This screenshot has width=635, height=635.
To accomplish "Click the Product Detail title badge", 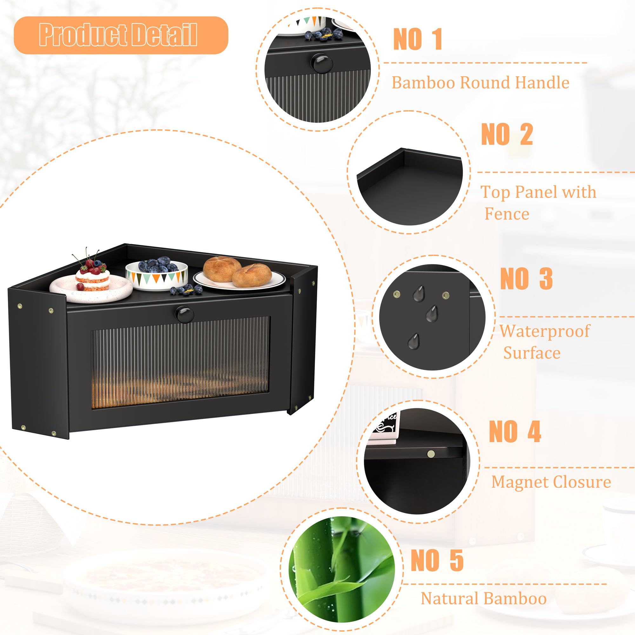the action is pos(121,35).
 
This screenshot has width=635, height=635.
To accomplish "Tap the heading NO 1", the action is pos(418,39).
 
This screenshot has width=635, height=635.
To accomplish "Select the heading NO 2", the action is pos(507,134).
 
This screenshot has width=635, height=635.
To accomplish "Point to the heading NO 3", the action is pos(526,278).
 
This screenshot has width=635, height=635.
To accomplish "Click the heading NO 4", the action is pos(515,431).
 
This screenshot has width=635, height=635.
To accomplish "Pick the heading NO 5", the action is pos(437,561).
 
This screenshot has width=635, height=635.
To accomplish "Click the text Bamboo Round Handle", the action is pos(480,83).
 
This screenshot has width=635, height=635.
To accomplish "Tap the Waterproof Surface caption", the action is pos(545,342).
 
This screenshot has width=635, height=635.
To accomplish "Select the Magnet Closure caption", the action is pos(551,482).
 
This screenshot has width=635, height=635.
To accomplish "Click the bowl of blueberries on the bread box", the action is pos(157,274).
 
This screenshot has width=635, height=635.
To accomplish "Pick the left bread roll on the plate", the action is pos(222,269).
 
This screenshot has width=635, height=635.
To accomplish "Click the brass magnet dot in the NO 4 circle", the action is pos(431,455).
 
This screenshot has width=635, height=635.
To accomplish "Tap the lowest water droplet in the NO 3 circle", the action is pos(413,341).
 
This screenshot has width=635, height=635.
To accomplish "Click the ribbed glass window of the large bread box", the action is pos(180,362).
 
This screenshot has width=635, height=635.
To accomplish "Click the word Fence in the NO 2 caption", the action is pos(507,214).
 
